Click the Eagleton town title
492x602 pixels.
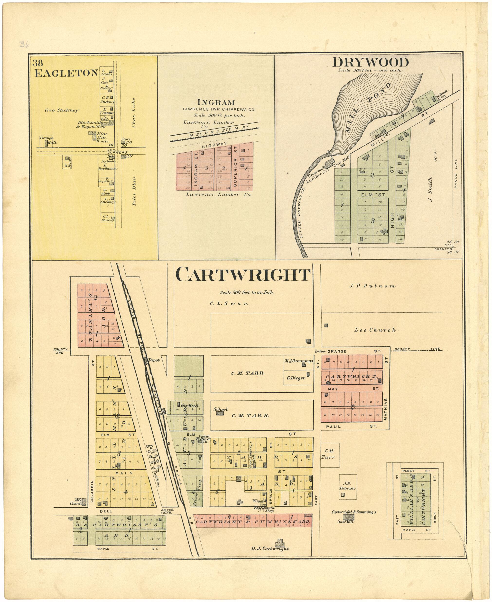click(66, 73)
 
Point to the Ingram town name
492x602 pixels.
click(216, 102)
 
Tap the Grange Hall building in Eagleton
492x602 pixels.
click(46, 143)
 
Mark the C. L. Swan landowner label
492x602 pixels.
click(229, 304)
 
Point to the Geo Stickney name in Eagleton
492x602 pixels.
click(62, 111)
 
